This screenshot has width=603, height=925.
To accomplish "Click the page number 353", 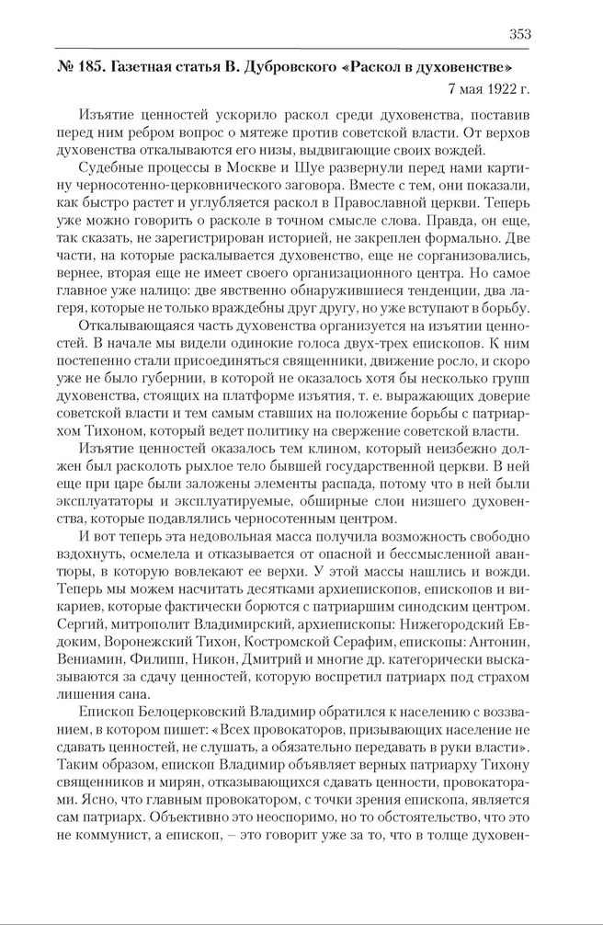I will pos(520,35).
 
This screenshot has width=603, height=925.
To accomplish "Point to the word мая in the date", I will pos(464,89).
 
